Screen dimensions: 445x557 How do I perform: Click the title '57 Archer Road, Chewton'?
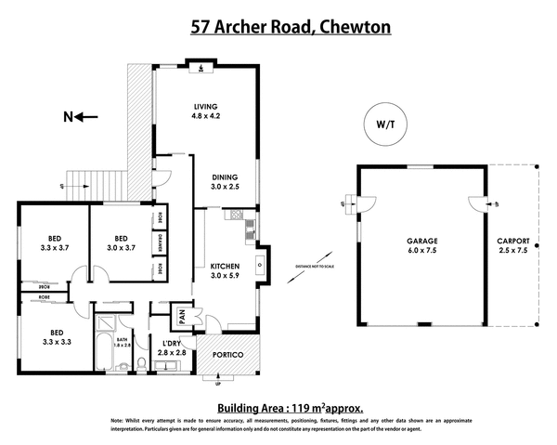click(290, 26)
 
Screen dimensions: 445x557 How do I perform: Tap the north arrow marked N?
click(73, 116)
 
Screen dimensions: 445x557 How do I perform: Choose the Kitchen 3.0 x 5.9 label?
click(225, 269)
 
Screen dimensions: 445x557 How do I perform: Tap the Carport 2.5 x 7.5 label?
click(512, 246)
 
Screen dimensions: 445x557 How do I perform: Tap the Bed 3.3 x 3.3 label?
click(57, 337)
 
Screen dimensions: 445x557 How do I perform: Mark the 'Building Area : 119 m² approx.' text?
click(290, 407)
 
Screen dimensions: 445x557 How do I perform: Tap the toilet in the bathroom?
click(139, 360)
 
